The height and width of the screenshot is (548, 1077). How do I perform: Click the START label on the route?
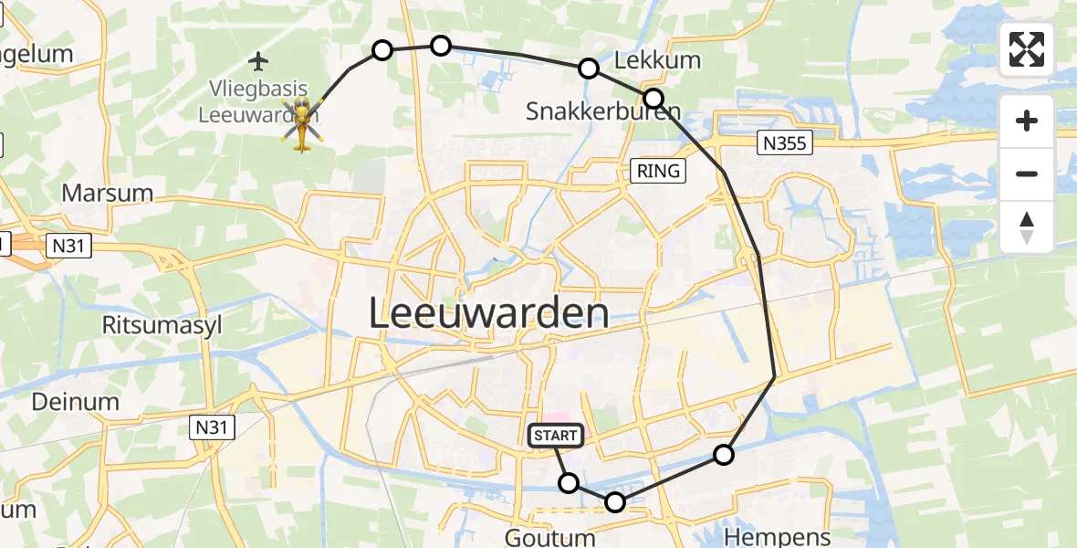(x=555, y=437)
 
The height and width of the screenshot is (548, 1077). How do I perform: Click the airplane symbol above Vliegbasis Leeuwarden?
(x=259, y=62)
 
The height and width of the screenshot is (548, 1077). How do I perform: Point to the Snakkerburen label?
(x=603, y=111)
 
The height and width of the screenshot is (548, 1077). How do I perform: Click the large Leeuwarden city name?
(x=489, y=314)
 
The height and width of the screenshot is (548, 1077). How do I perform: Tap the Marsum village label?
(x=107, y=194)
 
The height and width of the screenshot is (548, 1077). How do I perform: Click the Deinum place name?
(x=76, y=402)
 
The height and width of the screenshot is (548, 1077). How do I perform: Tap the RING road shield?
(x=658, y=170)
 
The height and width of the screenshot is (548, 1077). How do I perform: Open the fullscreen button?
(x=1027, y=49)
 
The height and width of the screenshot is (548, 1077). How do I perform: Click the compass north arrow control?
(x=1027, y=227)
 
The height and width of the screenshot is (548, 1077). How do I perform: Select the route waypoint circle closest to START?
(x=569, y=483)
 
